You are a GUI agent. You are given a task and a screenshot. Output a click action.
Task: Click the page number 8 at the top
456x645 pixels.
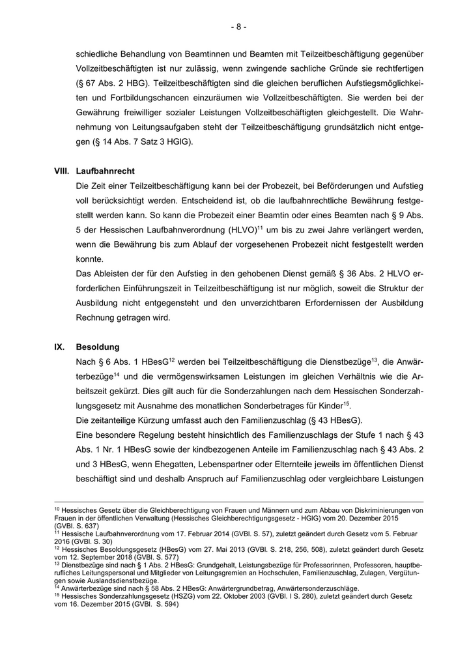[x=238, y=27]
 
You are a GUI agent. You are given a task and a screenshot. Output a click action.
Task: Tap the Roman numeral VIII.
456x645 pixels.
[x=63, y=171]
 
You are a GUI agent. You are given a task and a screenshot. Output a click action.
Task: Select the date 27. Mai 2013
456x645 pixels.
[x=196, y=549]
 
